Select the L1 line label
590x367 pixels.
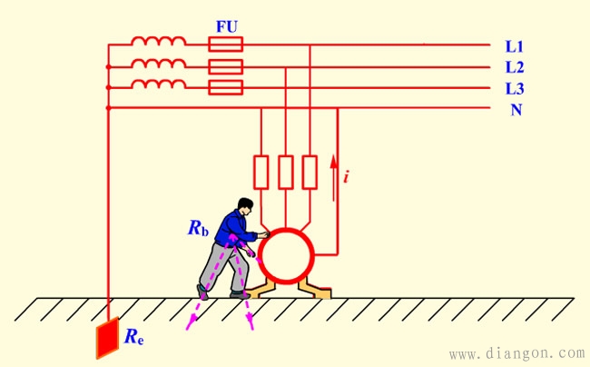(515, 45)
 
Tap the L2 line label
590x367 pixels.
(515, 67)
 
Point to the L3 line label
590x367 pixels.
(515, 88)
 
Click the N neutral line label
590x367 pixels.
(516, 110)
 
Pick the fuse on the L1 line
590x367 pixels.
(226, 44)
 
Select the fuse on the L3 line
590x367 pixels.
(226, 87)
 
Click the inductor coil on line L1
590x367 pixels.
(159, 42)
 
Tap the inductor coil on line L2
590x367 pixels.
(159, 64)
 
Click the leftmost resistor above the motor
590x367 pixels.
(261, 171)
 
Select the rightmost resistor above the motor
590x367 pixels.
(310, 171)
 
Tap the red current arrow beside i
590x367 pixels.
(334, 169)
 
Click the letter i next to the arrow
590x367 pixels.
(346, 175)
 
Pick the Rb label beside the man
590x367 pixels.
(199, 228)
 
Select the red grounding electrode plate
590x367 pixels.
(108, 337)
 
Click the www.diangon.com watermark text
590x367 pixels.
(517, 352)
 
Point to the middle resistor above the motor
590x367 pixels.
(286, 171)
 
